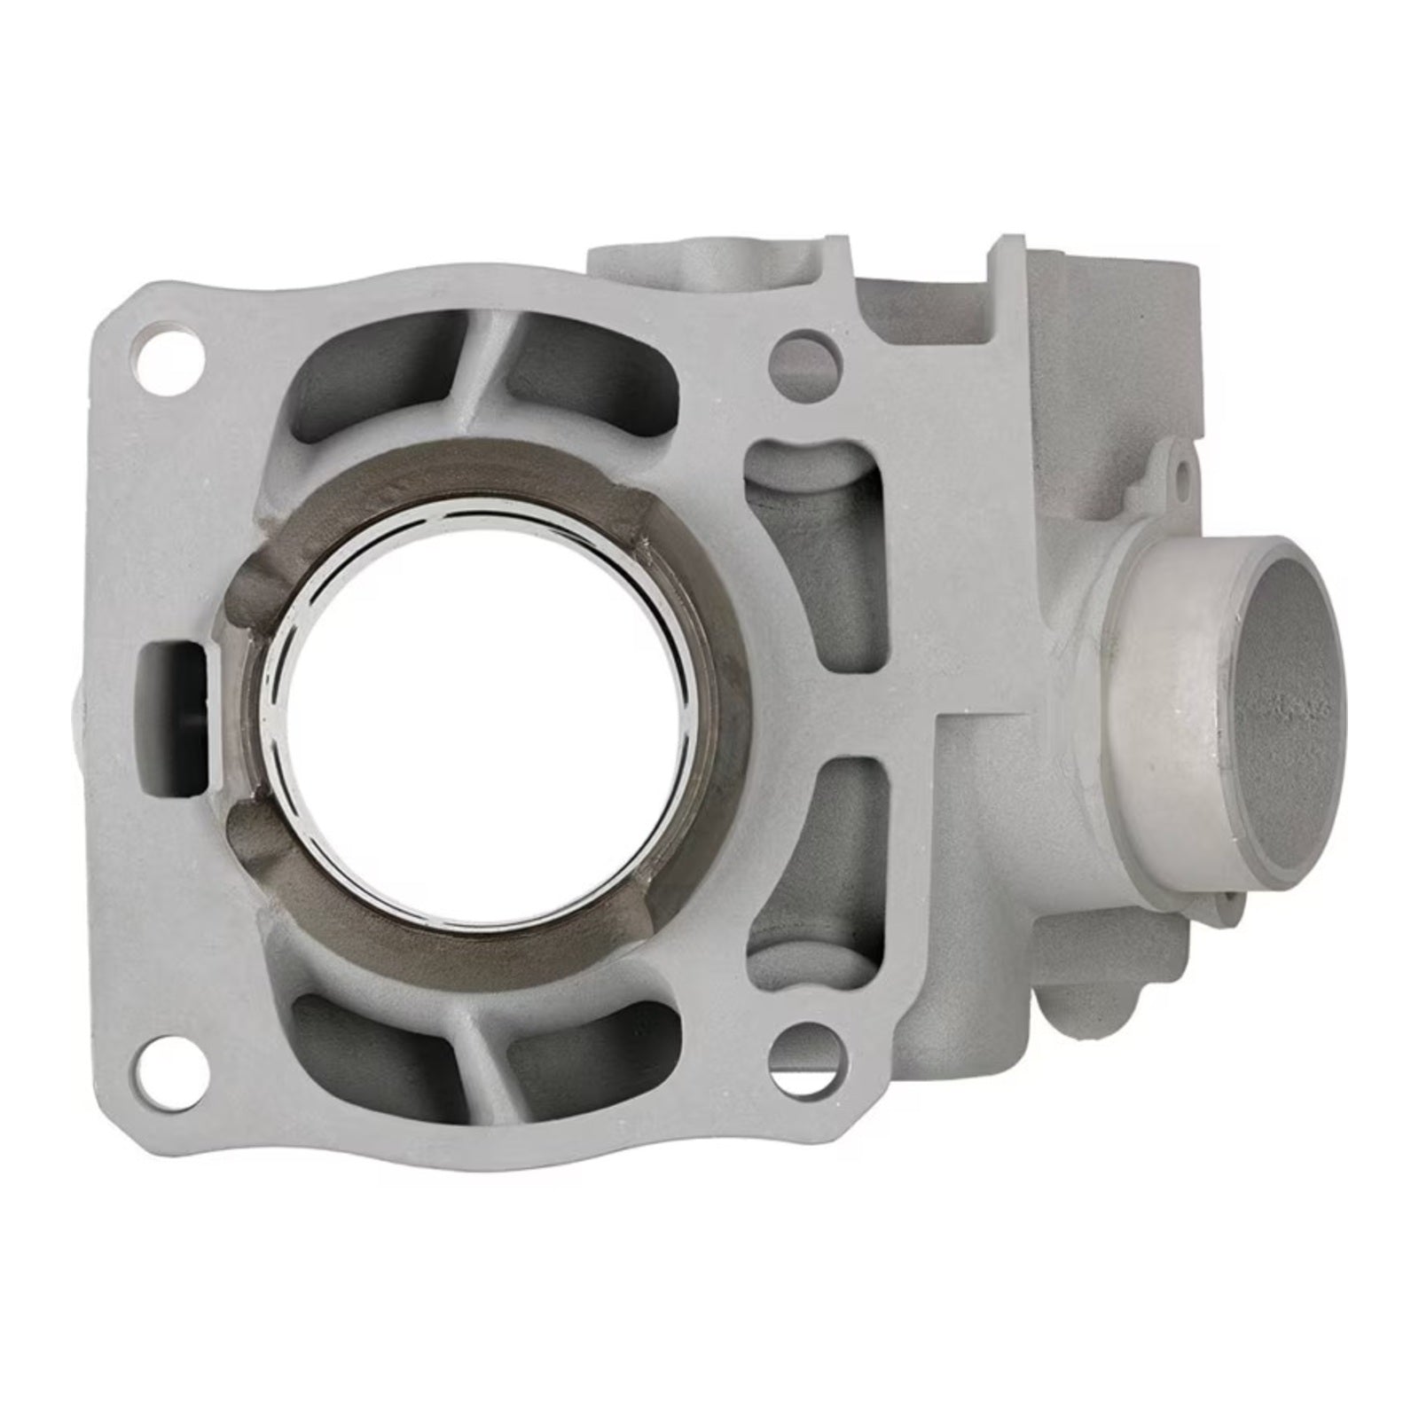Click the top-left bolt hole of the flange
click(x=169, y=355)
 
